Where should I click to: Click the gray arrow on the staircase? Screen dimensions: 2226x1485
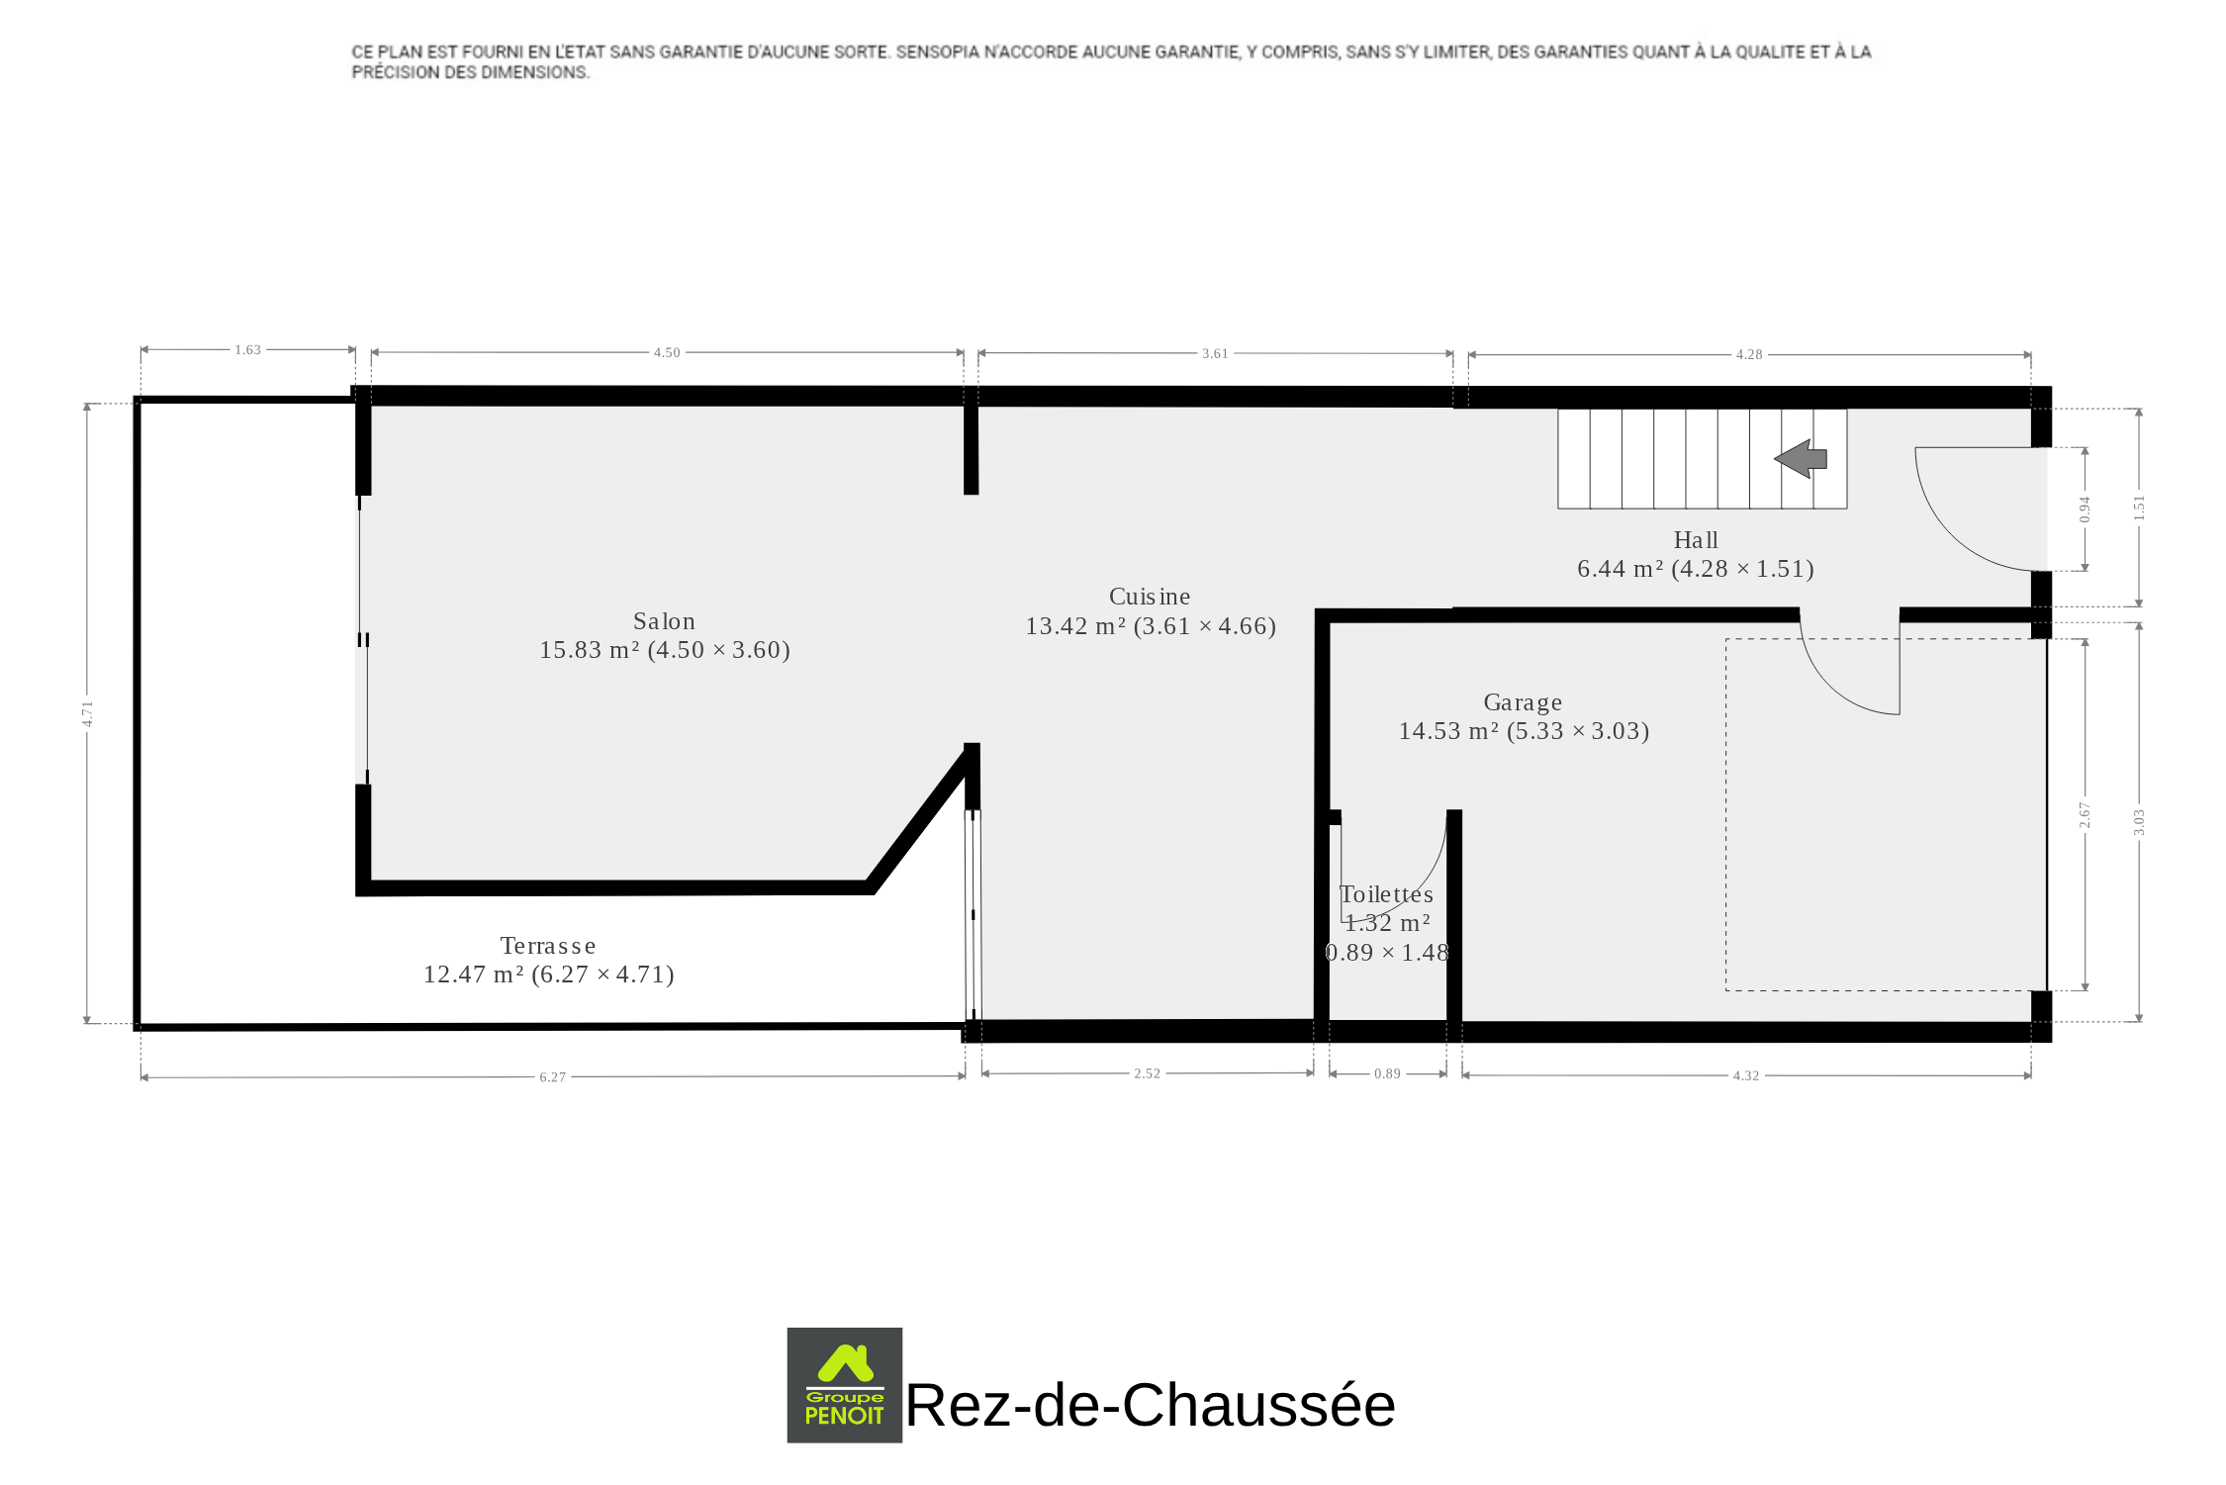[1801, 459]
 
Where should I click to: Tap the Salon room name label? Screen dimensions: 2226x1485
[664, 621]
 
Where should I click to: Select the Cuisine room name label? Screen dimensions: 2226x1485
[1150, 597]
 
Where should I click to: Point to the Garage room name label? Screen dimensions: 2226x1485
[1523, 702]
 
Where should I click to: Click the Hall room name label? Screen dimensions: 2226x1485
[1696, 540]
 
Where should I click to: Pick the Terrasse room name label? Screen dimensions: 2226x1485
[548, 946]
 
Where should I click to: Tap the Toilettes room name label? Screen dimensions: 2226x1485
[1386, 894]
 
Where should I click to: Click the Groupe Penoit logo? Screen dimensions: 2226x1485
[845, 1385]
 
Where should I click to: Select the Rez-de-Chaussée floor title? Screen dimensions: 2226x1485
[1150, 1405]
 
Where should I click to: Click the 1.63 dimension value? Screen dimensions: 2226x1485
[247, 349]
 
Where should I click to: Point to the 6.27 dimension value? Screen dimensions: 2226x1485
[553, 1077]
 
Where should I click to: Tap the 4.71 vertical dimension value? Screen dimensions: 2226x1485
[87, 713]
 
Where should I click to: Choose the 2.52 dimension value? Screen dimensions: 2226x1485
[1147, 1073]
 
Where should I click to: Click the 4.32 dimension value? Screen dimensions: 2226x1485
[1746, 1075]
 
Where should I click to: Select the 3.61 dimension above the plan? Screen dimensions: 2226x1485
[1215, 353]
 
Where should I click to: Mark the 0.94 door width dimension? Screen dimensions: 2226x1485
[2085, 510]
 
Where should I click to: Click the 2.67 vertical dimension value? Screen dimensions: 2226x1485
[2085, 815]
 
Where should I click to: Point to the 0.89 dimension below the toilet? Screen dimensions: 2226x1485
[1387, 1073]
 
